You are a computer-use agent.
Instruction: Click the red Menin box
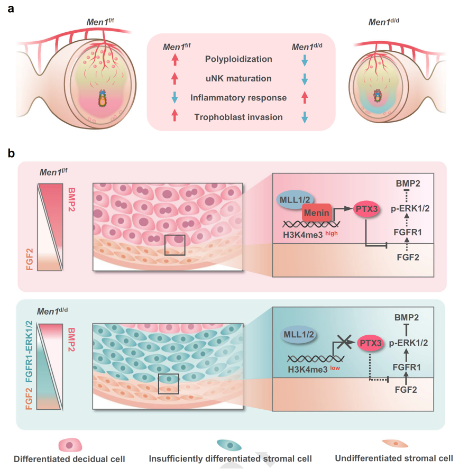click(316, 214)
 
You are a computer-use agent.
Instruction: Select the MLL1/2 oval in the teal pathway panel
click(298, 335)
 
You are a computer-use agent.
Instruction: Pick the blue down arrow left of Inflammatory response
click(175, 98)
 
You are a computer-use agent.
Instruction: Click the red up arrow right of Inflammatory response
click(304, 98)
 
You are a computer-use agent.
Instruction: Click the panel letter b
click(12, 153)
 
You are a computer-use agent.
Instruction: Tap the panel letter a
click(11, 9)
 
